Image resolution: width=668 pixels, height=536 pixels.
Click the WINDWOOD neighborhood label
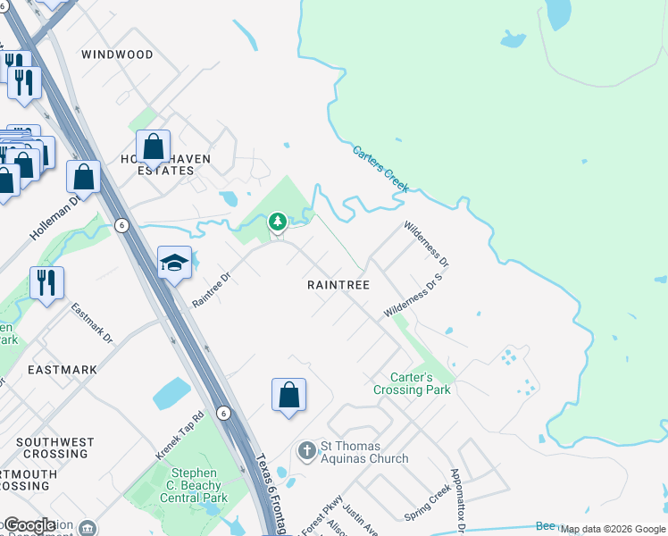tap(117, 54)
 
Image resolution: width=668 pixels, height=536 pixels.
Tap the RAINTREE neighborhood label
tap(338, 284)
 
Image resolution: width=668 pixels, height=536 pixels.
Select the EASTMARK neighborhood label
tap(62, 369)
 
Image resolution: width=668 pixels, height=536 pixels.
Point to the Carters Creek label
tap(380, 170)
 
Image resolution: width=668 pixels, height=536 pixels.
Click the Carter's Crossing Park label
tap(412, 384)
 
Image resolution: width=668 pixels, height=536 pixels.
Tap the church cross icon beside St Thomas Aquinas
tap(306, 449)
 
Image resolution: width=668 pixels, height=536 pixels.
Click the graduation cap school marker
tap(174, 262)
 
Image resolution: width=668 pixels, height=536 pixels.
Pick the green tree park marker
tap(278, 220)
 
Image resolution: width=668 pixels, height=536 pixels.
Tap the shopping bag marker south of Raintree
tap(288, 395)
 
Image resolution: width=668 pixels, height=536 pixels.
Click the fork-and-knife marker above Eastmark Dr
tap(46, 281)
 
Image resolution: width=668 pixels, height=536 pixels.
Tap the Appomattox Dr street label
tap(457, 500)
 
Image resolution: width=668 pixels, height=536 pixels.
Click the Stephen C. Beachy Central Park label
tap(194, 485)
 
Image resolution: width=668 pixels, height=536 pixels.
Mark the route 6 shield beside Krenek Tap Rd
tap(223, 413)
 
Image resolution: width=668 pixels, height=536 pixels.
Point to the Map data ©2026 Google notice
tap(614, 530)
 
